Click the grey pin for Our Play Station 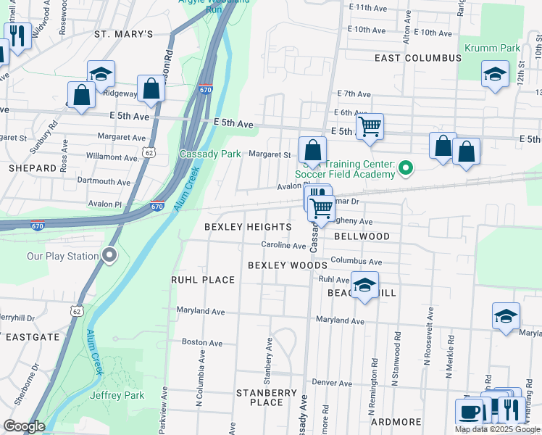[109, 255]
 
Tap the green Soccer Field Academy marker [406, 169]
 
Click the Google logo [24, 426]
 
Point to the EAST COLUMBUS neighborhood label [418, 57]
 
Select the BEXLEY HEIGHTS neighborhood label [247, 227]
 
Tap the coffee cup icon [469, 411]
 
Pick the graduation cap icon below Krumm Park [495, 75]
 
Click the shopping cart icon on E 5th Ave [370, 126]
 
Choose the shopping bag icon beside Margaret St [312, 151]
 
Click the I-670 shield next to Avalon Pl [157, 206]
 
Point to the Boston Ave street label [201, 342]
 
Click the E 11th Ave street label [369, 7]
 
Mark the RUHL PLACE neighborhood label [203, 280]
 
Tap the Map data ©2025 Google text [497, 429]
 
